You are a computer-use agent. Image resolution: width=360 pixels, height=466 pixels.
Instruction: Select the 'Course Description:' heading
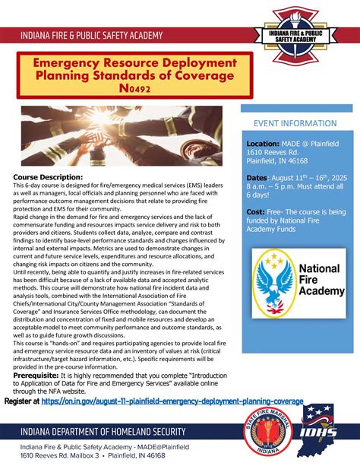point(47,176)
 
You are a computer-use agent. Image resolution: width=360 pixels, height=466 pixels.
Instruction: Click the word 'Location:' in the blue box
point(263,143)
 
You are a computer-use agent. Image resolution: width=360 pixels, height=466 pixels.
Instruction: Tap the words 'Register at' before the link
point(21,401)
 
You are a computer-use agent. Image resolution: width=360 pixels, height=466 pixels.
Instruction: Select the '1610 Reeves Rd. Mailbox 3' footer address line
point(59,456)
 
